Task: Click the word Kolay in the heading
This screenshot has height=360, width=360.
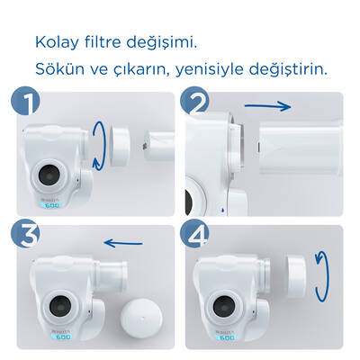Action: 56,42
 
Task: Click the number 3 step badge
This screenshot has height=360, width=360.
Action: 26,237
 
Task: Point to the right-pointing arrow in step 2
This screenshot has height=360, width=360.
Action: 292,106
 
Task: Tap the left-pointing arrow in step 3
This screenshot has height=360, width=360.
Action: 122,241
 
